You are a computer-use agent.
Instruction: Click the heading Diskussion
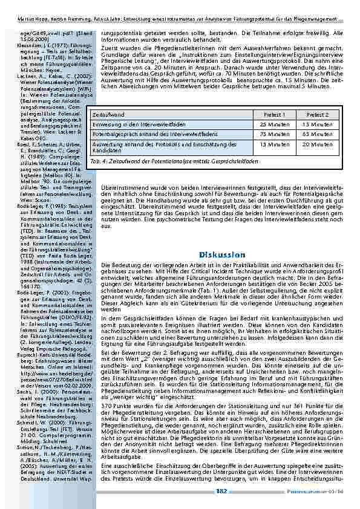click(221, 255)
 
